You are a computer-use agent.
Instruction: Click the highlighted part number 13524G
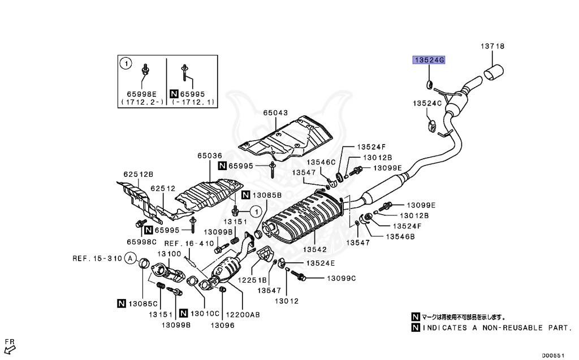coord(429,60)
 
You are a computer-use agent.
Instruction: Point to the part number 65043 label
coord(275,112)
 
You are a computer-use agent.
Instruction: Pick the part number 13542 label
coord(315,249)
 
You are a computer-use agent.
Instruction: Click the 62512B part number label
coord(139,174)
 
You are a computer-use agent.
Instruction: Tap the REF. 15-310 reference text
coord(97,258)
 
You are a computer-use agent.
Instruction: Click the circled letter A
coord(131,259)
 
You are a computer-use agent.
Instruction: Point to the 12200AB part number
coord(244,315)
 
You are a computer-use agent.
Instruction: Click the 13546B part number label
coord(400,236)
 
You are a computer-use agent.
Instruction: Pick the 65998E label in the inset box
coord(141,94)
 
